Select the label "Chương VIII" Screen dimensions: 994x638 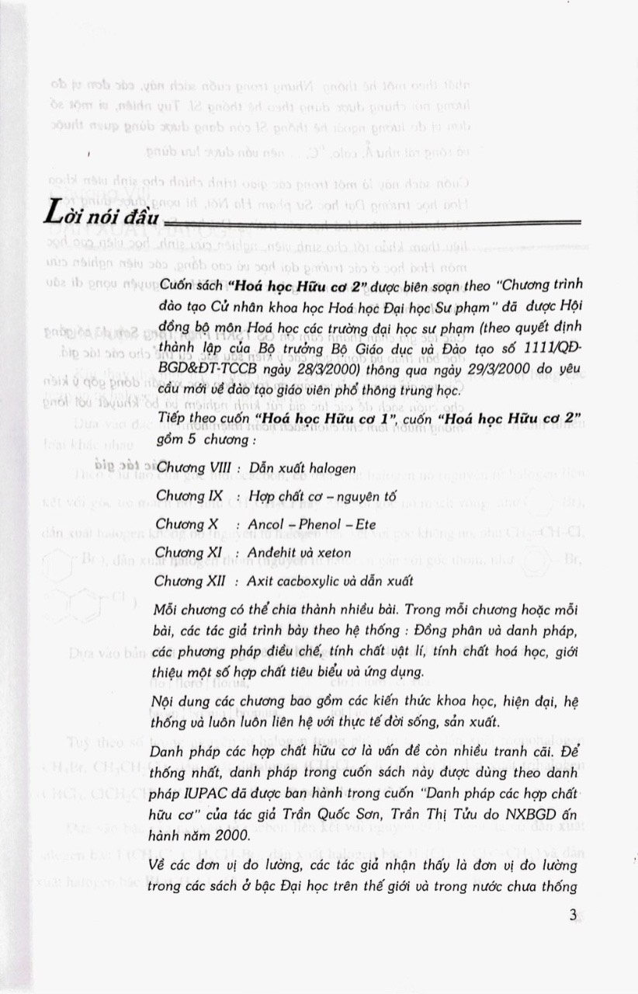click(188, 469)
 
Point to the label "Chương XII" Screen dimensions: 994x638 click(186, 581)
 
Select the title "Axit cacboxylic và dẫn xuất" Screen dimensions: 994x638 click(326, 581)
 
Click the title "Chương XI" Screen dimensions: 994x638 click(184, 553)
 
